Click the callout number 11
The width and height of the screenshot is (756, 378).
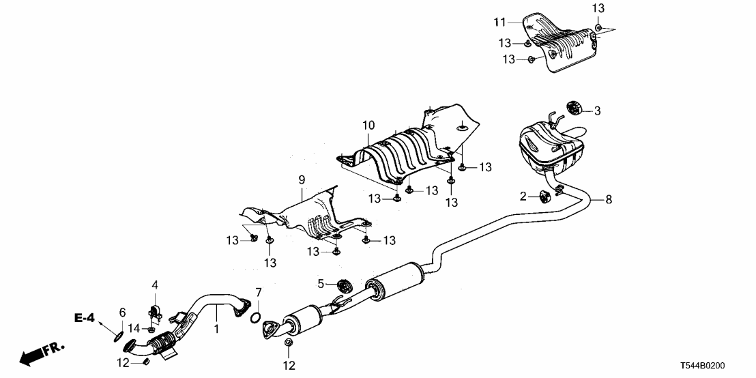[x=499, y=23]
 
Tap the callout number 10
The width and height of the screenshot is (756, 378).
[x=368, y=125]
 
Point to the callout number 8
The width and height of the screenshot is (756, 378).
[x=609, y=200]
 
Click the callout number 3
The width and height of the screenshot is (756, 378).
[x=597, y=110]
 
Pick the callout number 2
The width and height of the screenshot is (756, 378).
[x=523, y=197]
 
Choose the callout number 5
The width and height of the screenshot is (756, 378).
[x=320, y=283]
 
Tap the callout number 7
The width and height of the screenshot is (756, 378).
[x=258, y=293]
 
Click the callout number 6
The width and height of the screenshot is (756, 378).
[x=122, y=312]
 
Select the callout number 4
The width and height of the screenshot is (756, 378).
[x=155, y=284]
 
